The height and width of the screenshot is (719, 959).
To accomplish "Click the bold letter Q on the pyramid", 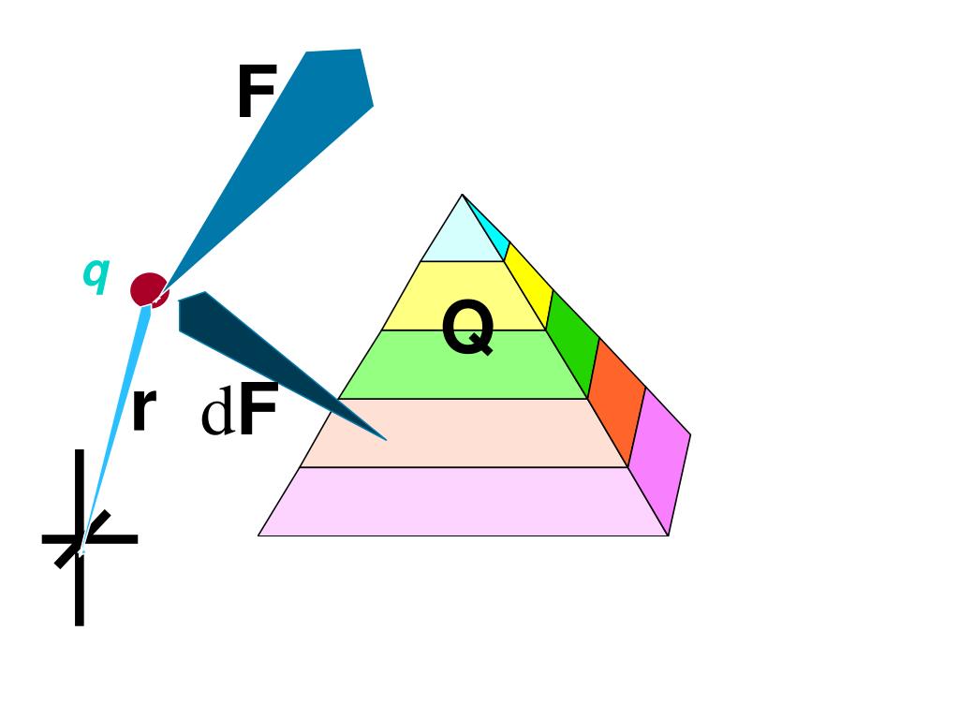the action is [467, 330].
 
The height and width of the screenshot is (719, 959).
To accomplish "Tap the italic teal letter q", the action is [96, 273].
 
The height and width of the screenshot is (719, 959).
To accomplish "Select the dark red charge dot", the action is [147, 289].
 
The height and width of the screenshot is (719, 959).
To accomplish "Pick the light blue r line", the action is [117, 421].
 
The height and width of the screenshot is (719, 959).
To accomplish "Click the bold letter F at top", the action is [256, 95].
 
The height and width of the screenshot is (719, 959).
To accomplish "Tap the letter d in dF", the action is [217, 417].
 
